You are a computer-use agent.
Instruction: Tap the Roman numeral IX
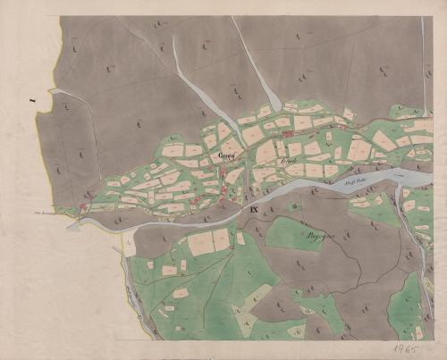pos(254,210)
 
